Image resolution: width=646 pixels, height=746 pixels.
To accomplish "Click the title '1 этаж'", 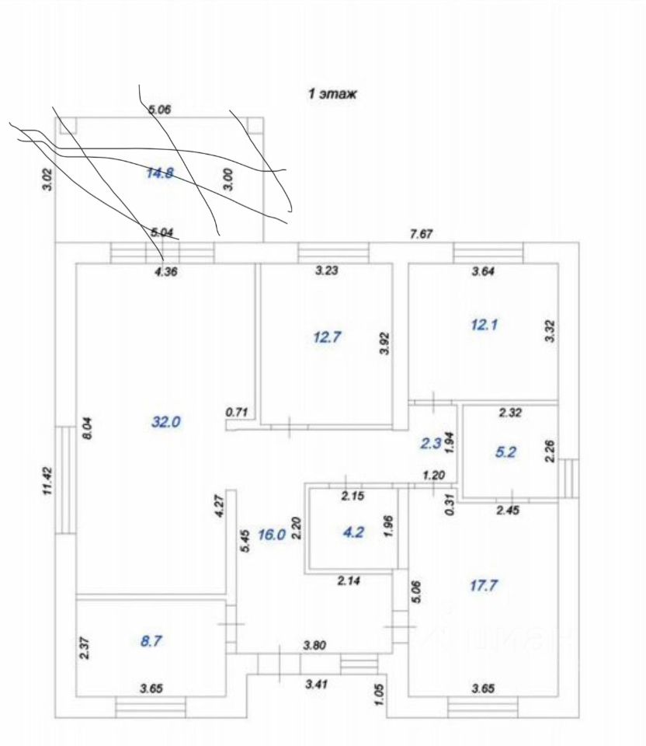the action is pos(332,95).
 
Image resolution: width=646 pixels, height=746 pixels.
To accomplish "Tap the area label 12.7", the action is pos(327,337).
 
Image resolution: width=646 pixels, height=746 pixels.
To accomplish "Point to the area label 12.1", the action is pos(483,325).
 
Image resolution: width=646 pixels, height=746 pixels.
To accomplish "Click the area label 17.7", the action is pos(483,587).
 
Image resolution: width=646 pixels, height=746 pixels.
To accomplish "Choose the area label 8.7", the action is pos(151,642).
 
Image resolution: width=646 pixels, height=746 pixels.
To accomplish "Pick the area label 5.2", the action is pos(505,452).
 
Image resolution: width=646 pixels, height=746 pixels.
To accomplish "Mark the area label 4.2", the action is pos(353,533).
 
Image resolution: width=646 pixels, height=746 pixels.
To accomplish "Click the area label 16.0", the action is pos(271,535).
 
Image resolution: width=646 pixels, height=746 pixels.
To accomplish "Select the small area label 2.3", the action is pos(431,444).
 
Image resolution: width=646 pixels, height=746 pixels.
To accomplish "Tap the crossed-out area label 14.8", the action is pos(159,173).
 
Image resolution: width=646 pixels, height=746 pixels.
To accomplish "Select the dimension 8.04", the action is pos(87,428).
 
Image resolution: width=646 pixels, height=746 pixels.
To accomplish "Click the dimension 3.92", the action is pos(384,342).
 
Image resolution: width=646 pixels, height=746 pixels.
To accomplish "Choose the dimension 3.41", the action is pos(316,684).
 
